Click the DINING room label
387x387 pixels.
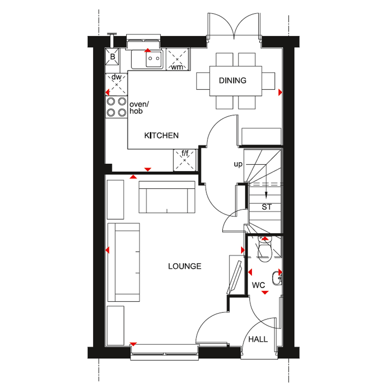tap(233, 80)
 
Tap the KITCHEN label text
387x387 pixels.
tap(161, 135)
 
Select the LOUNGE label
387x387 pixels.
tap(185, 266)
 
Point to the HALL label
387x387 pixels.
tap(258, 339)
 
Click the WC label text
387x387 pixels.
tap(259, 285)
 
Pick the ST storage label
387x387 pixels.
tap(267, 207)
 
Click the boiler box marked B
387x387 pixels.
tap(112, 57)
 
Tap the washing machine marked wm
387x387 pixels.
tap(177, 59)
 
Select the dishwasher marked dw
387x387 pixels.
tap(116, 84)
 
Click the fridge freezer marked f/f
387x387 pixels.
tap(185, 160)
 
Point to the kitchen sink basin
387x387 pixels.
tap(154, 59)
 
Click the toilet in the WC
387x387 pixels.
tap(265, 249)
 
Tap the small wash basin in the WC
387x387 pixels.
tap(277, 278)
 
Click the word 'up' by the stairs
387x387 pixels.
tap(238, 164)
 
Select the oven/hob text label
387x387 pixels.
tap(139, 108)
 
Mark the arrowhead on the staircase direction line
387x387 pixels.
tap(266, 195)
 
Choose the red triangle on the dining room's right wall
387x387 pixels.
tap(280, 92)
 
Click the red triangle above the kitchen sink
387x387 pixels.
tap(147, 50)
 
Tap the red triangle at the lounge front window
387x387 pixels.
tap(133, 344)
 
